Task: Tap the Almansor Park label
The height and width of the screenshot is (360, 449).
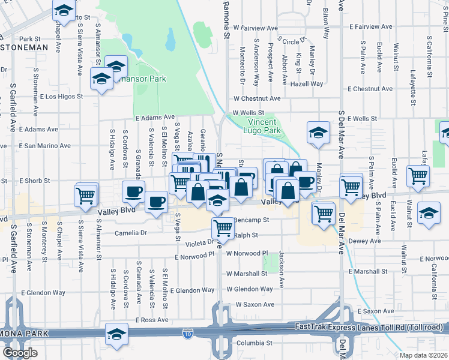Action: click(x=144, y=79)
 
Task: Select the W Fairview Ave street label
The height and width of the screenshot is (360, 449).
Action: click(x=256, y=28)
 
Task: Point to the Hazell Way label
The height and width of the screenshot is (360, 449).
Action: click(x=307, y=84)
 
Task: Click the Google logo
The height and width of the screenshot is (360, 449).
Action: click(x=19, y=353)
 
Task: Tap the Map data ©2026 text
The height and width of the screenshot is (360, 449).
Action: click(x=423, y=355)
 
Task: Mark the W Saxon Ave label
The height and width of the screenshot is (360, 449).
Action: click(x=255, y=305)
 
